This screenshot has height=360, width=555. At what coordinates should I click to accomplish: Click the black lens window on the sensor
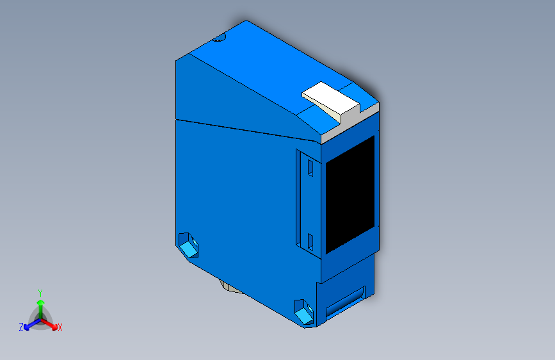coord(350,194)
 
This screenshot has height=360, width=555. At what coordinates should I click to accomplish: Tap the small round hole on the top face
coord(220,39)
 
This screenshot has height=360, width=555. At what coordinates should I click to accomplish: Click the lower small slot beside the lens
coord(310,241)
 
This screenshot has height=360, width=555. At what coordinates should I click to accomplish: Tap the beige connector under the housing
coord(229,286)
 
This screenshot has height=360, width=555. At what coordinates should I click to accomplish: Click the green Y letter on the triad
coord(40,292)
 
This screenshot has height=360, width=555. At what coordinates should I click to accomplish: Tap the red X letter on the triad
coord(60,328)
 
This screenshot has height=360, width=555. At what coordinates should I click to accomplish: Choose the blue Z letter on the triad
coord(21,327)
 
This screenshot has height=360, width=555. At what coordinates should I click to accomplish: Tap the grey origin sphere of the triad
coord(40,318)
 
